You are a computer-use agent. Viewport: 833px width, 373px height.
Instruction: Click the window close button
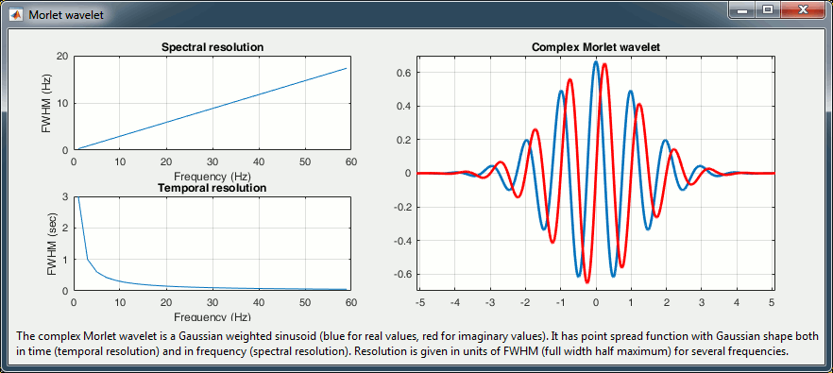coord(801,9)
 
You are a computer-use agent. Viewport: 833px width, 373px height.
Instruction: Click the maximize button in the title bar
coord(768,9)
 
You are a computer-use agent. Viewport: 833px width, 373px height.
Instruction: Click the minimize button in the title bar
coord(742,9)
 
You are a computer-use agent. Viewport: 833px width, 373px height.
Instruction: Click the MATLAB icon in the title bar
coord(16,14)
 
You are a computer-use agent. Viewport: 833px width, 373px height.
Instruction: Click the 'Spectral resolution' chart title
coord(212,47)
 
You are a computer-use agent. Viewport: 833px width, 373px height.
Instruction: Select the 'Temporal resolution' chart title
coord(212,188)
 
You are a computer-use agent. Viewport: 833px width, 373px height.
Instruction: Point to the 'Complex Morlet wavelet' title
coord(596,47)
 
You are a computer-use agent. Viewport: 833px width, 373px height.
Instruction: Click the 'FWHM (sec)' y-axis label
coord(52,244)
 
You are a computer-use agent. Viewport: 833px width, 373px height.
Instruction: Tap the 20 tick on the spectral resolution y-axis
coord(62,57)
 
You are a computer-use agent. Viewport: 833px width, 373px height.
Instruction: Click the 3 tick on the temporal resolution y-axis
coord(65,197)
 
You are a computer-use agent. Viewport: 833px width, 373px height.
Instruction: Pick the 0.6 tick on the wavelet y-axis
coord(405,73)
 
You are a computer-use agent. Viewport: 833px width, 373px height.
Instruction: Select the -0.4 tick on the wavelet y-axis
coord(403,241)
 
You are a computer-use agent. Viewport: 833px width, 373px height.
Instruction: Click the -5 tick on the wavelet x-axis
coord(419,302)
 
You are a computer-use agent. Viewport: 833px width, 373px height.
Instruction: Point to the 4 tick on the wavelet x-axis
coord(737,302)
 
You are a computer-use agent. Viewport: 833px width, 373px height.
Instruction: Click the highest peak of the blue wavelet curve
coord(596,61)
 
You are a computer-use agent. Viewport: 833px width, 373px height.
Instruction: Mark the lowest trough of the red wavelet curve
coord(587,281)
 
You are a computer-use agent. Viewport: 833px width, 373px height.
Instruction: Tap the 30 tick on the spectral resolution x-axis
coord(212,161)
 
